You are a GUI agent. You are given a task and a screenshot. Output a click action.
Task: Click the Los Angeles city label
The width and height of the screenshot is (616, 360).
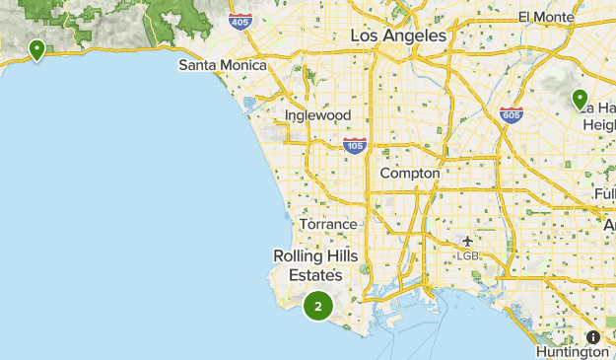click(398, 36)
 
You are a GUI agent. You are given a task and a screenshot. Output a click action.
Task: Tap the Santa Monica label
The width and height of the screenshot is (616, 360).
click(222, 65)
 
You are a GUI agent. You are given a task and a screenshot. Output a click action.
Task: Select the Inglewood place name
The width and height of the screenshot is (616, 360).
click(317, 115)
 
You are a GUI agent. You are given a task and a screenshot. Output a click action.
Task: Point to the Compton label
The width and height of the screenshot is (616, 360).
click(409, 173)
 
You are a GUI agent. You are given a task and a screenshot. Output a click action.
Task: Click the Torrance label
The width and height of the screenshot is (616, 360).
click(328, 224)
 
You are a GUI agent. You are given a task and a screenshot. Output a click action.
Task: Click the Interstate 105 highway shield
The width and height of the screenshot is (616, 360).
click(355, 146)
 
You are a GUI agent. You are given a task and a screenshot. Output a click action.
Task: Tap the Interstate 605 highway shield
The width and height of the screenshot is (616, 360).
click(511, 114)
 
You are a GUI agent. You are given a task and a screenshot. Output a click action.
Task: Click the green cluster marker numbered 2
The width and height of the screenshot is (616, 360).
click(317, 307)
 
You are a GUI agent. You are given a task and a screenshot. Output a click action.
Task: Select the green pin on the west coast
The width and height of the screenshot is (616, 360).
click(36, 49)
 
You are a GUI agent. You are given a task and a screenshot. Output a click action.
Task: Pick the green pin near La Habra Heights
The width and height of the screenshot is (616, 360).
click(581, 99)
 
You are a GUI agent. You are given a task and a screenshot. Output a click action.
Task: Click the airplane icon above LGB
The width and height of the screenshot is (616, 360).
click(467, 241)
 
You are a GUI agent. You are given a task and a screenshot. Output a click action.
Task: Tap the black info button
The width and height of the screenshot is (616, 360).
click(592, 336)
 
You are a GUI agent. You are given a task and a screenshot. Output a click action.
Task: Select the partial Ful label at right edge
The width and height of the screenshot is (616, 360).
click(605, 194)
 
